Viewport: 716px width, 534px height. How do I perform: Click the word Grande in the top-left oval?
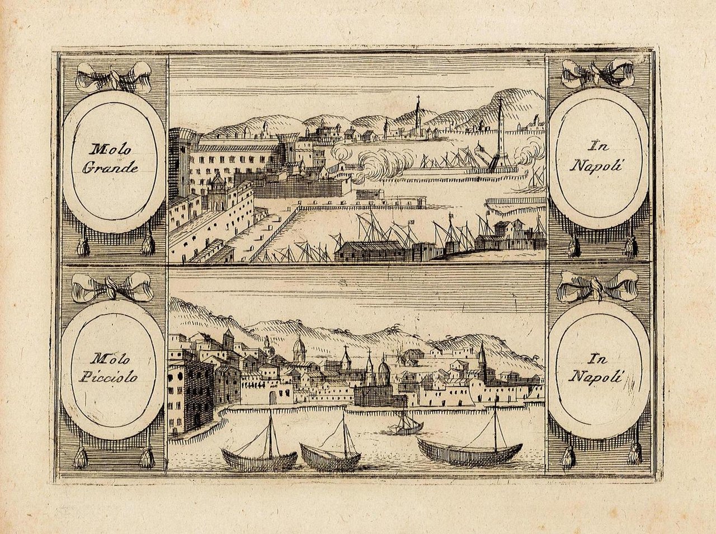click(x=110, y=167)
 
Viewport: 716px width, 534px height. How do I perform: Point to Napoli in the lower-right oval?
click(x=596, y=376)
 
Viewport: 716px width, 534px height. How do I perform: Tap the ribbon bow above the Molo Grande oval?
click(x=114, y=77)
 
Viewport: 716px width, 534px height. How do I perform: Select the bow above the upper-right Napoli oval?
click(x=597, y=71)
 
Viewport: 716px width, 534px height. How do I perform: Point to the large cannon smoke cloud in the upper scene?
click(x=380, y=165)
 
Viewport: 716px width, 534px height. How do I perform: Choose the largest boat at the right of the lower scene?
click(x=470, y=450)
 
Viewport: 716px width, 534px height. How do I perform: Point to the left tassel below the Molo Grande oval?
click(x=83, y=245)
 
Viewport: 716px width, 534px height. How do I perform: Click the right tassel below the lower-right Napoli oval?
click(x=634, y=454)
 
